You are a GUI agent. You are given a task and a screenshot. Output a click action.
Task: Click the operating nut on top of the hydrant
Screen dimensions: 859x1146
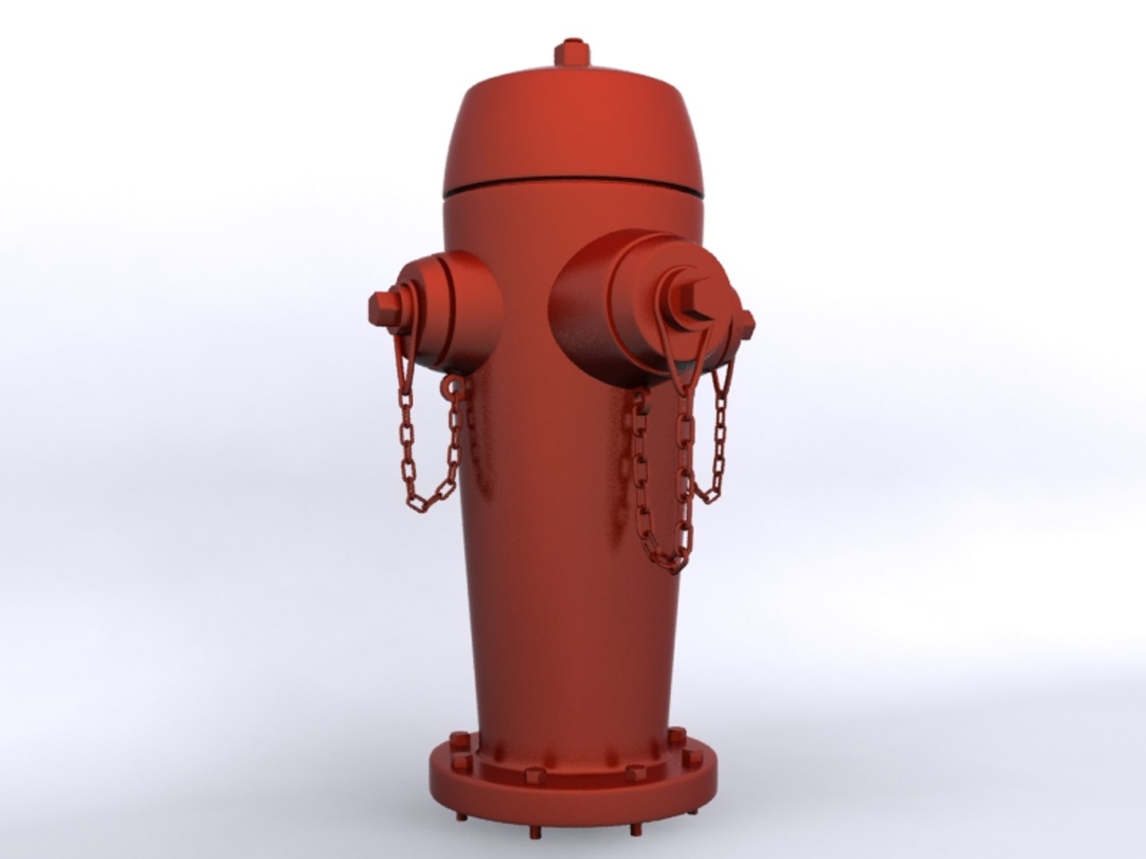[572, 52]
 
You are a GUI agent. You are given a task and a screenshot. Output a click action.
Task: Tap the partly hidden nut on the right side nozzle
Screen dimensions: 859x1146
[747, 321]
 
